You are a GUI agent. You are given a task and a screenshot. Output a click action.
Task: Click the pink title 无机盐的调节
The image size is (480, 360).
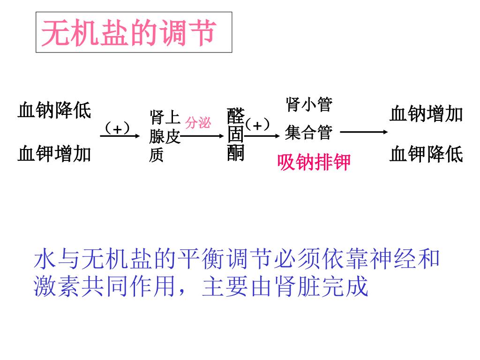point(128,33)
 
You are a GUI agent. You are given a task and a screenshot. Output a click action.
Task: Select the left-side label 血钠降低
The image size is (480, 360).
point(54,111)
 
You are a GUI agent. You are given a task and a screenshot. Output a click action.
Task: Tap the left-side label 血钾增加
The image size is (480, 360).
point(54,154)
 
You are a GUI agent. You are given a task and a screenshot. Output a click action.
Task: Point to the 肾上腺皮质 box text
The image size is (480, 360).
point(165,136)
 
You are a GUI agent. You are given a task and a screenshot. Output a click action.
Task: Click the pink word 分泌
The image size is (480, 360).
point(198,123)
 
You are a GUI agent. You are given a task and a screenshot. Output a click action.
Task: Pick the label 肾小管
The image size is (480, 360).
point(309,105)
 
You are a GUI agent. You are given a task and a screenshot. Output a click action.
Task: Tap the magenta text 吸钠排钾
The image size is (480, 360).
point(314,162)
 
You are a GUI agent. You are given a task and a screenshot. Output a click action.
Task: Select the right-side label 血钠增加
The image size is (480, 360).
point(426,114)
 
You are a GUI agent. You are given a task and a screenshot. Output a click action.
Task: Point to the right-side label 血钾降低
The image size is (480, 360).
point(426,154)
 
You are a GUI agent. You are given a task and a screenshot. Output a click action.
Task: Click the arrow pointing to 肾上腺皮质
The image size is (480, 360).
point(120,136)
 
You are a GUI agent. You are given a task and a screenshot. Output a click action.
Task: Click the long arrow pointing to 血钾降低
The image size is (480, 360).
point(364,132)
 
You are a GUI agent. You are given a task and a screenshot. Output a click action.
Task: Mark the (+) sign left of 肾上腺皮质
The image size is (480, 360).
point(117,127)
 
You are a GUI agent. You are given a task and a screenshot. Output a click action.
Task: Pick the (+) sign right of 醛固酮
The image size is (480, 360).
point(258,125)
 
